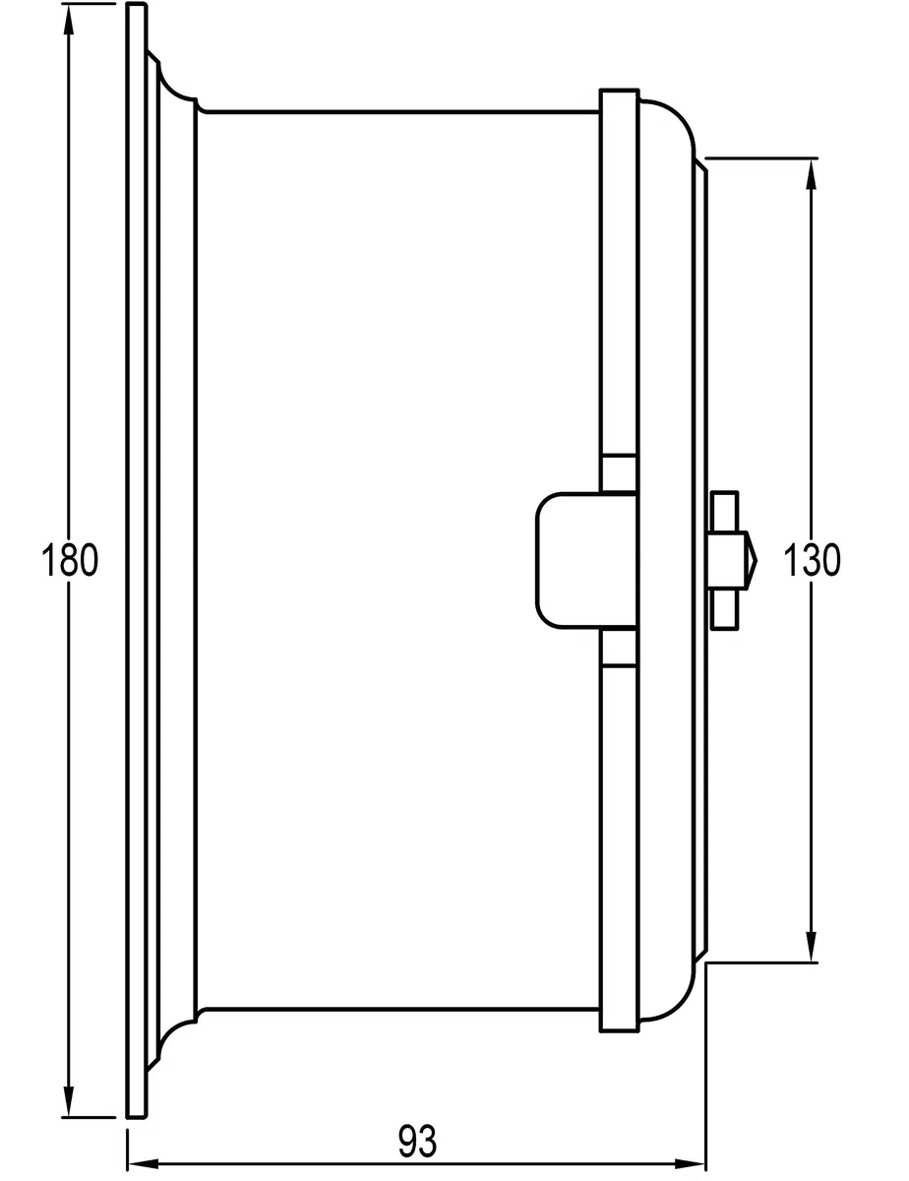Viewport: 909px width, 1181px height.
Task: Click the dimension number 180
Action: coord(70,560)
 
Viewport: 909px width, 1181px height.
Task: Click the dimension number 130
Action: coord(812,560)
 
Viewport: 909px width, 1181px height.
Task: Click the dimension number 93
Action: coord(417,1142)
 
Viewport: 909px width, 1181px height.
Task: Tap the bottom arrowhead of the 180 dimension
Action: coord(69,1100)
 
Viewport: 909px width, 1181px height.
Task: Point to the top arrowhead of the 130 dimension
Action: coord(811,174)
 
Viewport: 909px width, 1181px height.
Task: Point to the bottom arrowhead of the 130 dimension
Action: coord(811,946)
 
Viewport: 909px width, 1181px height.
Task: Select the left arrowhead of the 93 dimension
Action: coord(143,1163)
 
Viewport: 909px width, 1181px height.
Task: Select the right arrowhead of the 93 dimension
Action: coord(690,1163)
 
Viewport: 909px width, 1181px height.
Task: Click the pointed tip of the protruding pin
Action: coord(757,560)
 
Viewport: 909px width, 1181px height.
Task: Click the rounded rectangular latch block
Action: coord(586,560)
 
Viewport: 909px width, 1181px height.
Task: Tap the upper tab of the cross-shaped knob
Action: coord(725,512)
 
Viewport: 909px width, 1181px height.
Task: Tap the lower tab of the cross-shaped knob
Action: coord(725,609)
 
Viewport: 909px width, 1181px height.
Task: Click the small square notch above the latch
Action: coord(619,473)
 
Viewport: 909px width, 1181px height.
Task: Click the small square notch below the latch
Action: coord(619,647)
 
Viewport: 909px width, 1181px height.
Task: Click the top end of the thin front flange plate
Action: coord(137,4)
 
